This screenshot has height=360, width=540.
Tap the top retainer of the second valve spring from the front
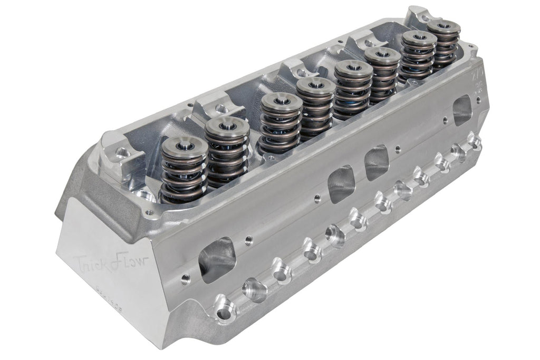tap(227, 127)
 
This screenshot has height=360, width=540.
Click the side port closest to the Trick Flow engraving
tap(217, 259)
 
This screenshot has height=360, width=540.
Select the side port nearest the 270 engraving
tap(462, 110)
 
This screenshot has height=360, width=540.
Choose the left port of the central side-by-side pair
tap(341, 183)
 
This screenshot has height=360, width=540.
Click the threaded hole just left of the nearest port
tap(185, 280)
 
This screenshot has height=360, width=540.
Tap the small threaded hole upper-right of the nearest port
tap(248, 241)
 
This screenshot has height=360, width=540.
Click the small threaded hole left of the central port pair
tap(316, 199)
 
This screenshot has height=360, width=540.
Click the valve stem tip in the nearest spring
tap(184, 147)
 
